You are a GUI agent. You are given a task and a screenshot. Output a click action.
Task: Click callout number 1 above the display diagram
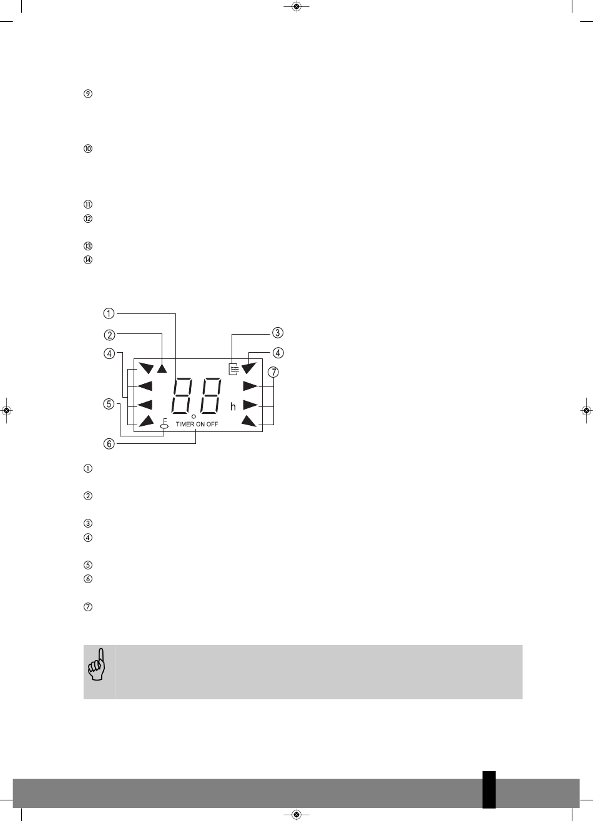click(109, 313)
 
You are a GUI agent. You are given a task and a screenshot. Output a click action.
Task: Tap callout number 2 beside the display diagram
click(109, 335)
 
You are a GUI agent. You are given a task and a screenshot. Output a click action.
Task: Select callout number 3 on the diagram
click(278, 333)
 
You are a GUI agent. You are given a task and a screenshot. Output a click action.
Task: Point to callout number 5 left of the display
click(109, 404)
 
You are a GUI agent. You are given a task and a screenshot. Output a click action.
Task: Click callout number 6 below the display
click(109, 444)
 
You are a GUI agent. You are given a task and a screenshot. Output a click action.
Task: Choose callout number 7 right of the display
click(273, 372)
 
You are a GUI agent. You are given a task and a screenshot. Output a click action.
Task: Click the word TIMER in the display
click(185, 424)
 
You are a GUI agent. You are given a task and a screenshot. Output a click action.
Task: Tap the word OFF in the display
click(212, 424)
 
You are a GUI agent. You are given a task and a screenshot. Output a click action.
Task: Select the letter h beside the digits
click(233, 406)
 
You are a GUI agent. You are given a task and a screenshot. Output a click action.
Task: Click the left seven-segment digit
click(184, 395)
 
